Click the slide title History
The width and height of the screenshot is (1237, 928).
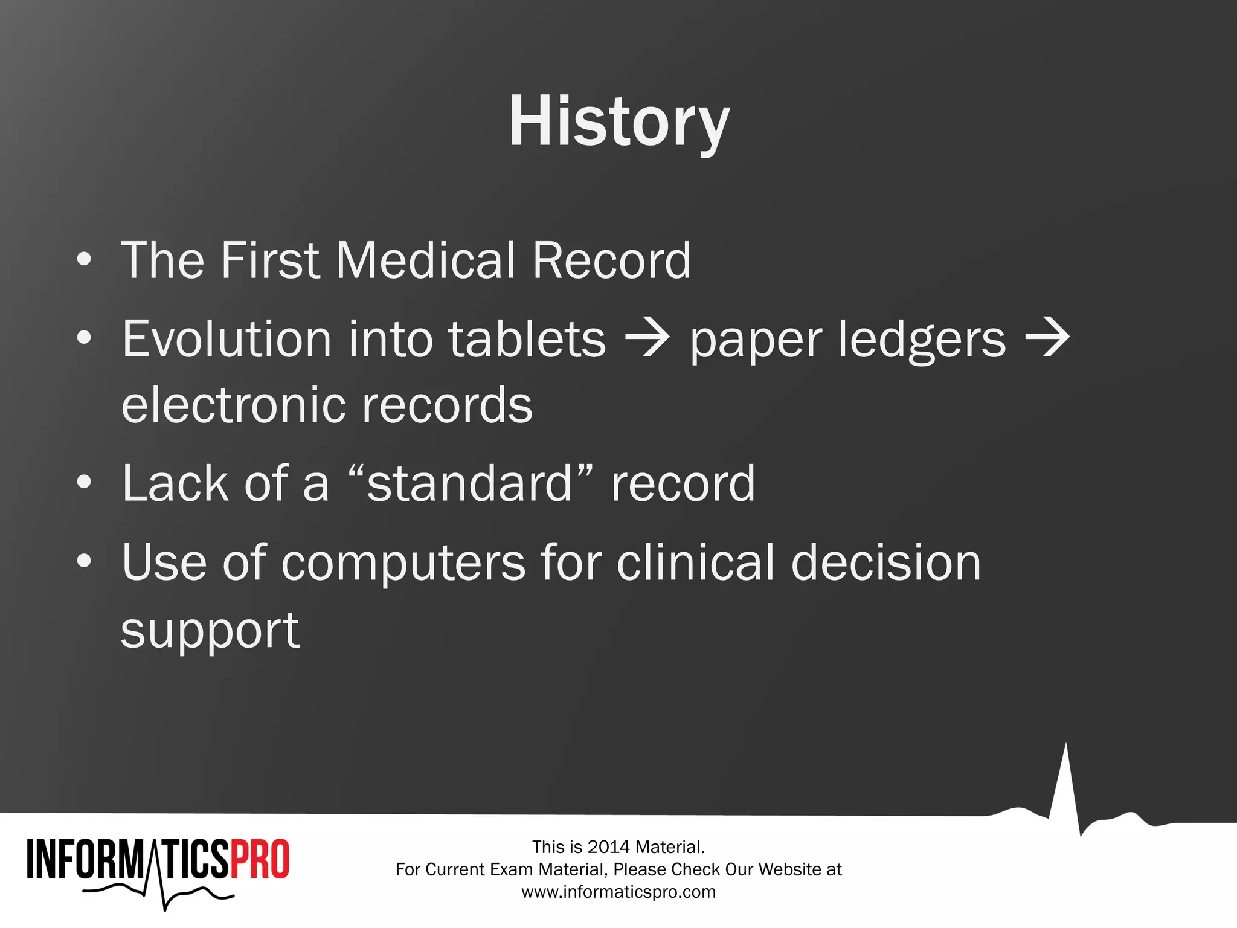619,122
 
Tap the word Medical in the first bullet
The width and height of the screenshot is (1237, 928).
425,260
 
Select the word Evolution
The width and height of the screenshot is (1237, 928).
227,339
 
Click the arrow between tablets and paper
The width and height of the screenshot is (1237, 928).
647,339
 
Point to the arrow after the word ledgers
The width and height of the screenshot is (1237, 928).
1047,339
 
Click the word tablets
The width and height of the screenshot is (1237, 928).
527,339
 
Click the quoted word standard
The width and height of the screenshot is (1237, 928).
470,484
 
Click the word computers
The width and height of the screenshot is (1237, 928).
403,563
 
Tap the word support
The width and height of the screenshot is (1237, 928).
210,631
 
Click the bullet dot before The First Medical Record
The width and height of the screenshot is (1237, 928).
85,260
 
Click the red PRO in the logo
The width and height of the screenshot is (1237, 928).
260,859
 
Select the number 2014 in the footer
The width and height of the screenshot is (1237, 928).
608,847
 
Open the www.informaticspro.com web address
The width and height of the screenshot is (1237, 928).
618,892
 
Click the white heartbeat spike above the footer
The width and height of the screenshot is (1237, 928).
1065,785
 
